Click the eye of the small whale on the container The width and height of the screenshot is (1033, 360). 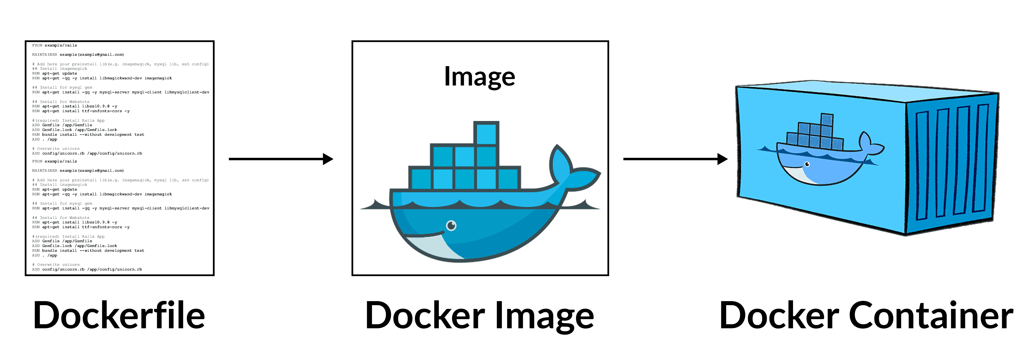pos(807,164)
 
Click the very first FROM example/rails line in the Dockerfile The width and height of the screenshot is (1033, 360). pos(55,45)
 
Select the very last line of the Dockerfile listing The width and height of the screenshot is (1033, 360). pos(87,269)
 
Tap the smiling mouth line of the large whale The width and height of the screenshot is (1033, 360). pos(425,234)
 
